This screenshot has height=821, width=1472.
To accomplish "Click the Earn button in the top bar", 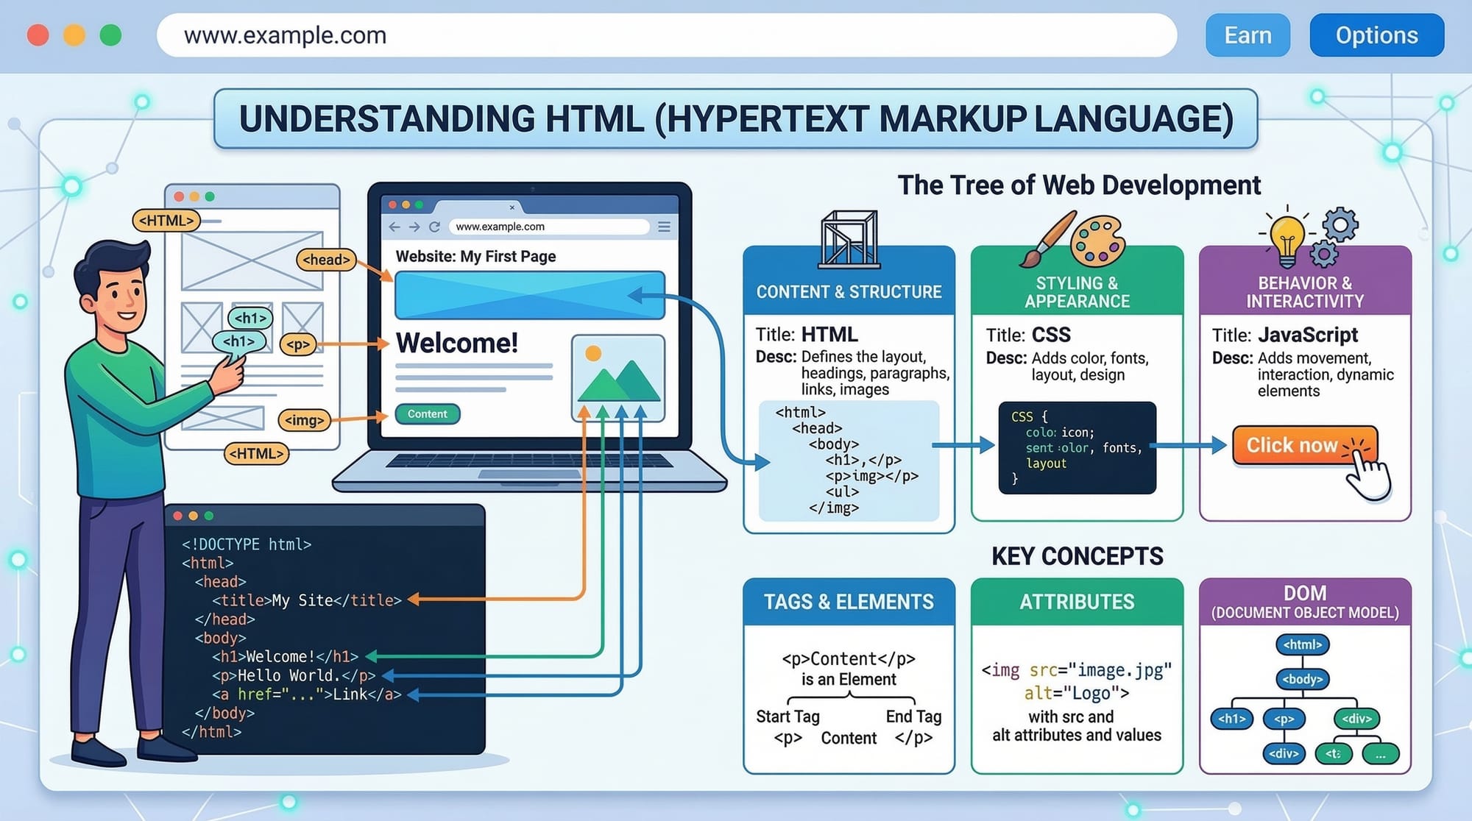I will (x=1248, y=35).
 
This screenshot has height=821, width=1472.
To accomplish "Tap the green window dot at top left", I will (x=110, y=35).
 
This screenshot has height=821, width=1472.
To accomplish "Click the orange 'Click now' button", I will (x=1303, y=445).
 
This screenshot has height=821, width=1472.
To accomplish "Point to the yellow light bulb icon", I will (x=1287, y=238).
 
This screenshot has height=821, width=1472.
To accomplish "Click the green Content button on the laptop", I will (x=428, y=414).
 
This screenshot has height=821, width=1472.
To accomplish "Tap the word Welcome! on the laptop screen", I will (x=457, y=343).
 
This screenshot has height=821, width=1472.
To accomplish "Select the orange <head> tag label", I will (x=326, y=260).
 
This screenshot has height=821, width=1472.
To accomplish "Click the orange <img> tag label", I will (x=304, y=420).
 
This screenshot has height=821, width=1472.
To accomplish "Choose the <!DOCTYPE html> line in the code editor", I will (x=247, y=544).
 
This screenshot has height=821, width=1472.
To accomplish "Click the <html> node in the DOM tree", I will (x=1302, y=644).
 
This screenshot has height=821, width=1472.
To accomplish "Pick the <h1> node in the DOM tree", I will (x=1231, y=719).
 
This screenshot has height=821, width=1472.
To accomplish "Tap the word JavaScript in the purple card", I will (x=1308, y=335).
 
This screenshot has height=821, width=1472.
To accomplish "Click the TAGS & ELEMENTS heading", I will (x=849, y=602).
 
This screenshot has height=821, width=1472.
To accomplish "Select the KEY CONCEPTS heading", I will (x=1077, y=556).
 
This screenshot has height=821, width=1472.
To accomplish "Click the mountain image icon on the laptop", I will (x=618, y=377).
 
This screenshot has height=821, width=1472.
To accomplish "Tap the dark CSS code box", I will (x=1077, y=447).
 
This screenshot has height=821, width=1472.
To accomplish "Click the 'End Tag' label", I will (x=913, y=717).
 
